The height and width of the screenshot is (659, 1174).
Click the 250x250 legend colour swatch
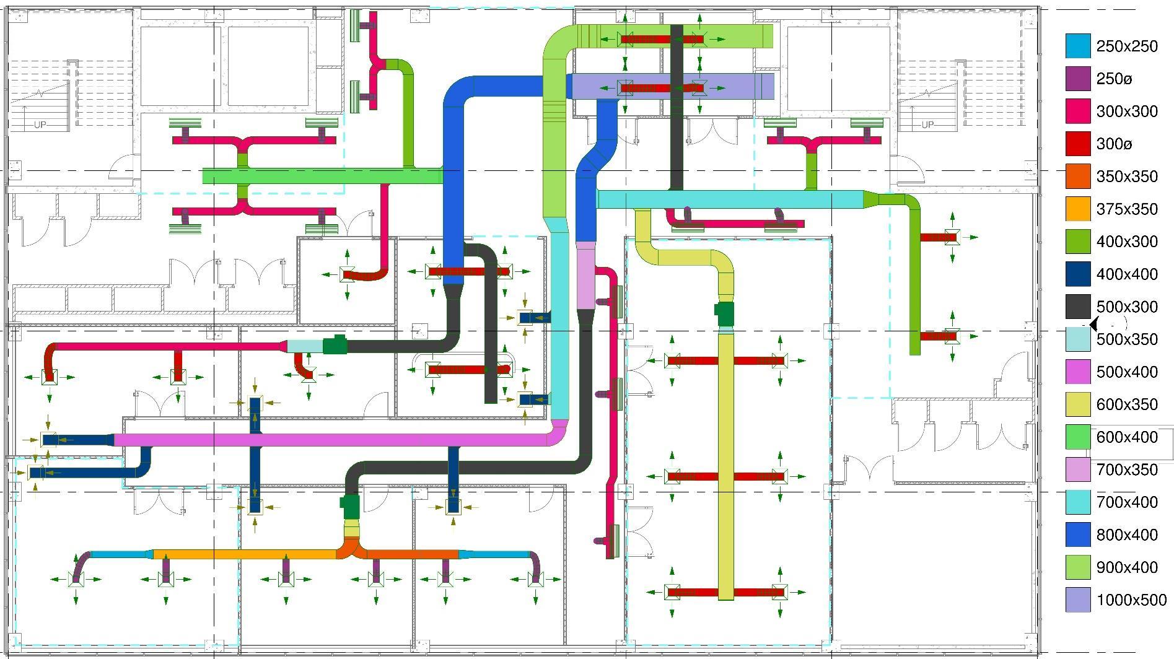pyautogui.click(x=1078, y=46)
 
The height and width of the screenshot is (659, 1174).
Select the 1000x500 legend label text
pyautogui.click(x=1131, y=600)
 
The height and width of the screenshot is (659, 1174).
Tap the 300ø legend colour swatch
pyautogui.click(x=1078, y=144)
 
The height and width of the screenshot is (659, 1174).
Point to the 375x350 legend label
pyautogui.click(x=1127, y=209)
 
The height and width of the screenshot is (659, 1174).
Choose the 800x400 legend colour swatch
pyautogui.click(x=1078, y=535)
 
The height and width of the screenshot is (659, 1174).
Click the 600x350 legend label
pyautogui.click(x=1127, y=404)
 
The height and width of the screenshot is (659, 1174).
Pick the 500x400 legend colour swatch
pyautogui.click(x=1078, y=372)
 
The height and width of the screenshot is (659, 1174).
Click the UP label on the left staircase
pyautogui.click(x=40, y=125)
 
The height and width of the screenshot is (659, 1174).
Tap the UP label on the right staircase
pyautogui.click(x=927, y=125)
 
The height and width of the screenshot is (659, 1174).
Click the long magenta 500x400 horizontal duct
pyautogui.click(x=335, y=440)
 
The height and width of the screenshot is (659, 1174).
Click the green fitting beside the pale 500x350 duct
pyautogui.click(x=335, y=345)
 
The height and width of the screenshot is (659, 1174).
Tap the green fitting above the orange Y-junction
pyautogui.click(x=351, y=506)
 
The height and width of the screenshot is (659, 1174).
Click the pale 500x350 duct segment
pyautogui.click(x=304, y=346)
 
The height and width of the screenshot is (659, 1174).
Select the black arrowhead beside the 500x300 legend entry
pyautogui.click(x=1093, y=323)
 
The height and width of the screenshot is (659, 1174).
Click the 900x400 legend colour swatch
pyautogui.click(x=1078, y=567)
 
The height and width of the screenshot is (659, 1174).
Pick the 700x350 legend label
pyautogui.click(x=1127, y=470)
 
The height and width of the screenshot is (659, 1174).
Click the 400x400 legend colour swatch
pyautogui.click(x=1078, y=274)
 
